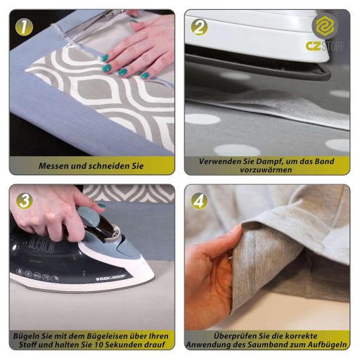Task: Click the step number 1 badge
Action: click(x=24, y=27)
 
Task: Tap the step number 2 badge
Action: click(x=199, y=27)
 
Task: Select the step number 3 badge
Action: click(x=24, y=201)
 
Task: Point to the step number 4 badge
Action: click(x=199, y=201)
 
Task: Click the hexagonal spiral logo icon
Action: click(x=325, y=26)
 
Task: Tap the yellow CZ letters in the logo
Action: click(x=313, y=46)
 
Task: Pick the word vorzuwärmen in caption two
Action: click(x=266, y=169)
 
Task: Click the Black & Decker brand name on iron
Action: click(x=111, y=277)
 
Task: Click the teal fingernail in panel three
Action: click(x=102, y=206)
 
